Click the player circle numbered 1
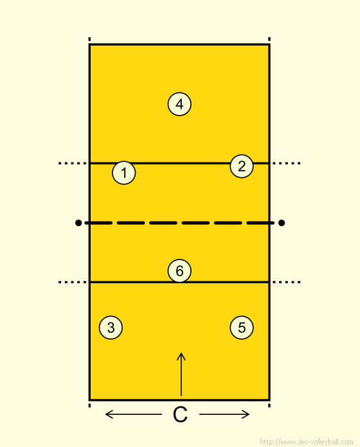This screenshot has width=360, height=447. pos(124,173)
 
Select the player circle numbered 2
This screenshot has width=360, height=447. pos(242,166)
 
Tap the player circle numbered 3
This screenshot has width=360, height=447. pos(111,328)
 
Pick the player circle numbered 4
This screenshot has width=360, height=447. pos(179,104)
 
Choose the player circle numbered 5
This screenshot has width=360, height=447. pos(242,328)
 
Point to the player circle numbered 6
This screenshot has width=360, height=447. pos(179,270)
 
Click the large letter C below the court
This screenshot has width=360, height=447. pos(180,414)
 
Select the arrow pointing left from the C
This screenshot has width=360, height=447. pos(134,414)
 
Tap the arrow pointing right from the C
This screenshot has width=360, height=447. pos(224,414)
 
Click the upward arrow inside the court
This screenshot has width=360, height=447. pos(181,374)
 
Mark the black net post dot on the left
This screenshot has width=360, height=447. pos(78,223)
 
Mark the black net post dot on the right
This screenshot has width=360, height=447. pos(282,223)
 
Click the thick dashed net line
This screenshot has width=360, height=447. pos(180,223)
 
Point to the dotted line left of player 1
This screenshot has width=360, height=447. pos(72,163)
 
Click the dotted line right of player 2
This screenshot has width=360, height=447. pos(287,163)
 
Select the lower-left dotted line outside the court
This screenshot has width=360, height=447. pos(72,282)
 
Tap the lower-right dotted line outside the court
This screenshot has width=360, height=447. pos(287,282)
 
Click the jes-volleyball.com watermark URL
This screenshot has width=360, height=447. pos(307,442)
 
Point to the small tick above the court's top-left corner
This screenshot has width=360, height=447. pos(89,39)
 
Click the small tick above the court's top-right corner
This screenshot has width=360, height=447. pos(269,39)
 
